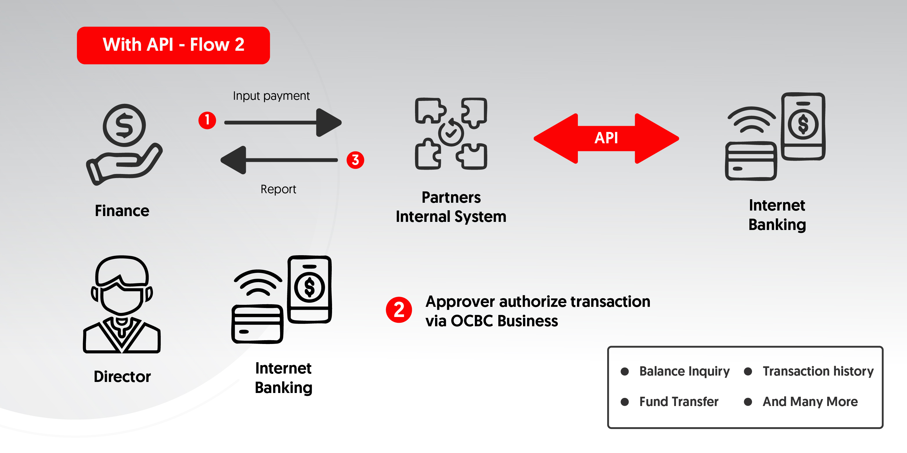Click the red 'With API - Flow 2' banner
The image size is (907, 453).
[x=173, y=45]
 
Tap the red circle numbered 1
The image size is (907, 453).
[x=207, y=120]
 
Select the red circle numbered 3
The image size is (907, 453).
[x=355, y=160]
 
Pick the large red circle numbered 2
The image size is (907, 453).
[x=398, y=310]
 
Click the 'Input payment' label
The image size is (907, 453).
[x=271, y=96]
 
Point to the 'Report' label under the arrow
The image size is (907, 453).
[x=278, y=189]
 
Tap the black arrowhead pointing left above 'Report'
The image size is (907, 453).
[x=234, y=160]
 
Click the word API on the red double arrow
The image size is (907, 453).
[x=606, y=138]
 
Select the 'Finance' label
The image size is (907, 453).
[x=122, y=211]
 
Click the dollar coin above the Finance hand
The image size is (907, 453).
[x=124, y=125]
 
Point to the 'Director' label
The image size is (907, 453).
[x=122, y=376]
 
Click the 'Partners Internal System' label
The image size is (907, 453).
[x=451, y=207]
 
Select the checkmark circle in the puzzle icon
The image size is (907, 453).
[x=451, y=133]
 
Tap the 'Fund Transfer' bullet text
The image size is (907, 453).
[x=679, y=401]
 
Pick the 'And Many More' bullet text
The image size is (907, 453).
[x=810, y=401]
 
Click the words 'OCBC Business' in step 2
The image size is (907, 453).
[x=504, y=321]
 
